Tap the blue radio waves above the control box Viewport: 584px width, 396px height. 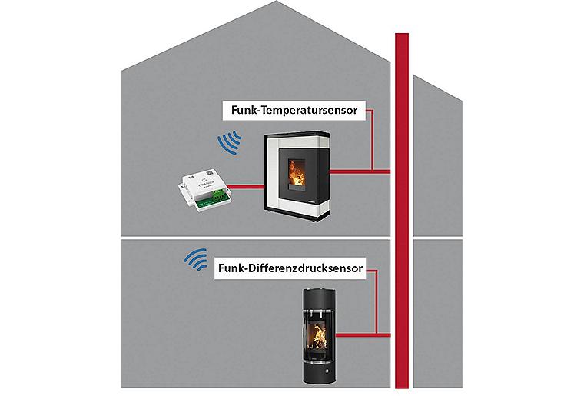click(229, 143)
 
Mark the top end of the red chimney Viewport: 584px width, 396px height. click(403, 37)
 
